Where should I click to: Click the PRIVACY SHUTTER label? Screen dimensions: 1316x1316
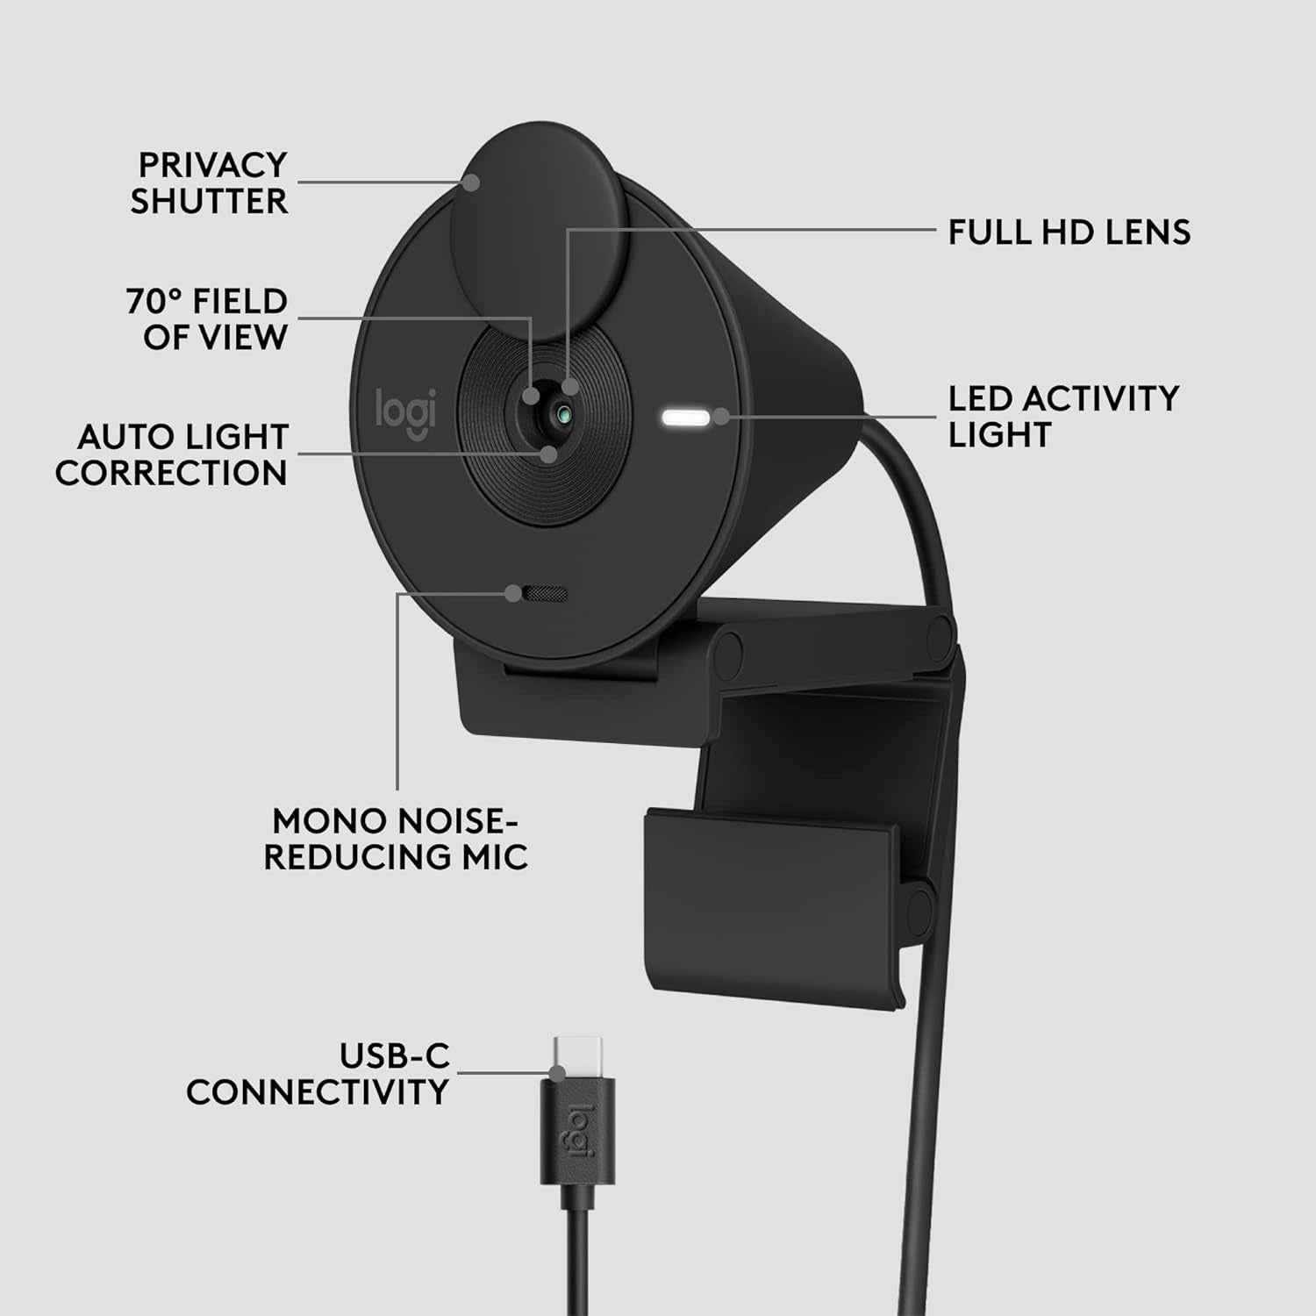(210, 182)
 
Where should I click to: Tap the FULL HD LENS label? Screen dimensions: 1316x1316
(1069, 232)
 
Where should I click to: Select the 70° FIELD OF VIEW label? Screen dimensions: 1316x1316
(207, 318)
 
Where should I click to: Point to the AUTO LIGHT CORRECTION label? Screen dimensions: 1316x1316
(171, 454)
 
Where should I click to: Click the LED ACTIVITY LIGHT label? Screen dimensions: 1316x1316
(1063, 416)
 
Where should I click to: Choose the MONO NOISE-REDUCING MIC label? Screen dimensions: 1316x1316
(396, 839)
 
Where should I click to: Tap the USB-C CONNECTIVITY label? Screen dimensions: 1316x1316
(318, 1074)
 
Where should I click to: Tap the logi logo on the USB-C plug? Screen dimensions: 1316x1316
(579, 1133)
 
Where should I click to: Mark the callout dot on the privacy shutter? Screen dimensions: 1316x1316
(472, 182)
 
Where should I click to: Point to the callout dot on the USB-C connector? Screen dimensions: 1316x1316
(556, 1072)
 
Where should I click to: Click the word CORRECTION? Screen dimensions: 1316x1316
(171, 473)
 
